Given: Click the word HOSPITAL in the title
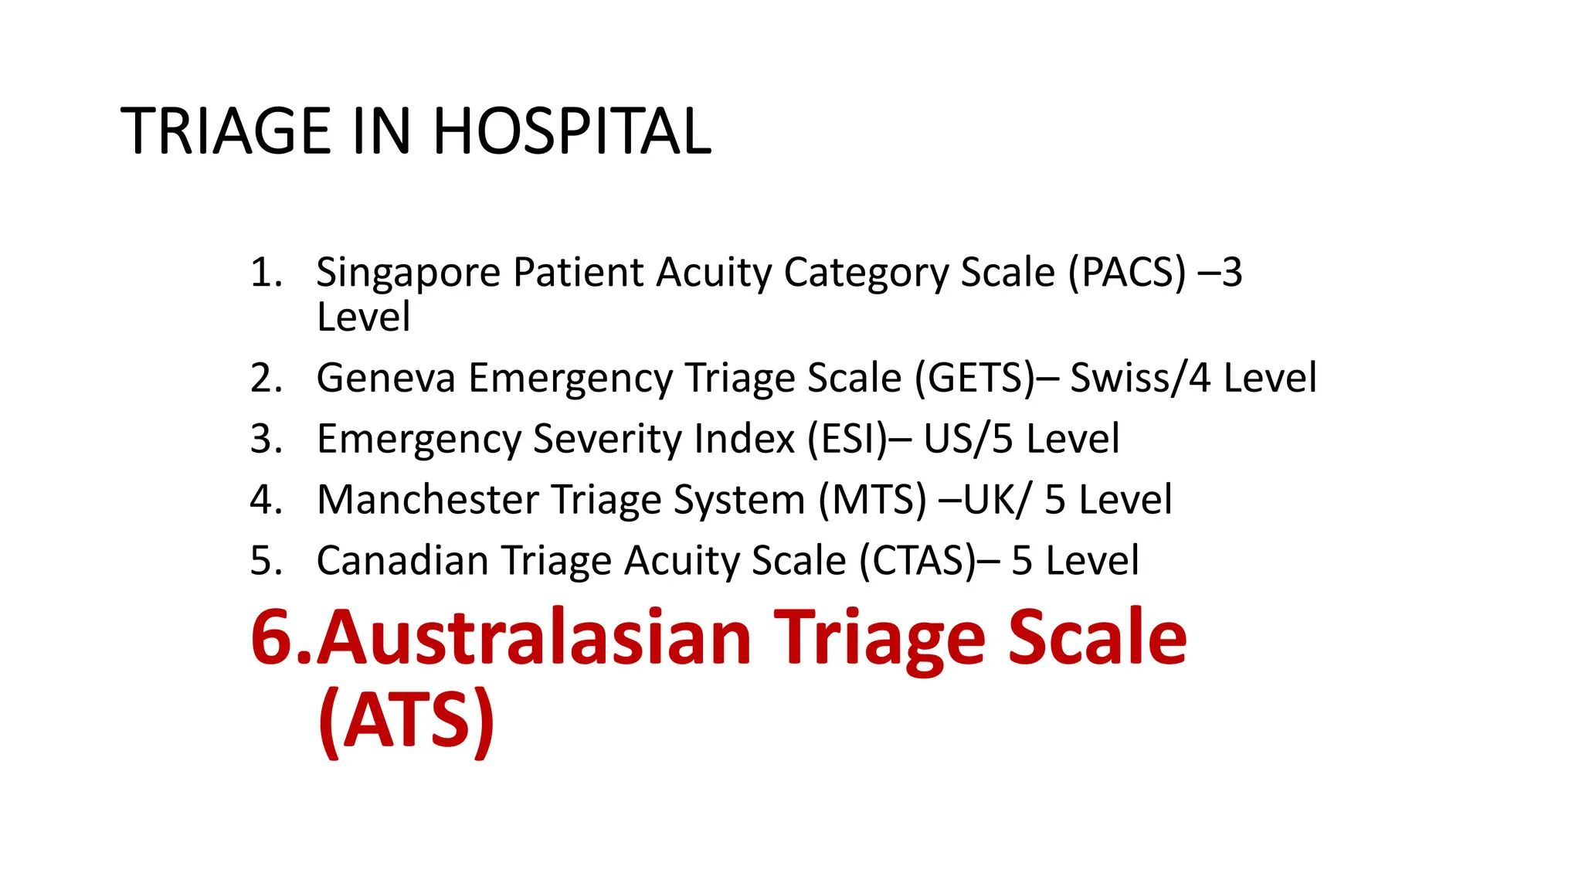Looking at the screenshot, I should [x=572, y=131].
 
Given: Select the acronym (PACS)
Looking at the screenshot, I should [x=1127, y=272].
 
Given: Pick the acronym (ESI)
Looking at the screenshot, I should [x=847, y=439].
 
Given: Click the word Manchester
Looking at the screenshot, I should [x=427, y=500].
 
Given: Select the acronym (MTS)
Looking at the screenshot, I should [x=872, y=500].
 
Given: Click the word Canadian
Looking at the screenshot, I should [x=402, y=560].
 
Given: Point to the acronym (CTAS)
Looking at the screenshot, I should [x=918, y=560].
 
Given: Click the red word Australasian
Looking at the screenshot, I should [x=534, y=637].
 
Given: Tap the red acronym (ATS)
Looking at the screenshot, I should [x=406, y=718].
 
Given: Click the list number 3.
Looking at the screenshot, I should [x=265, y=439].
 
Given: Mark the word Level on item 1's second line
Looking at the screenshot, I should [x=363, y=318].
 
